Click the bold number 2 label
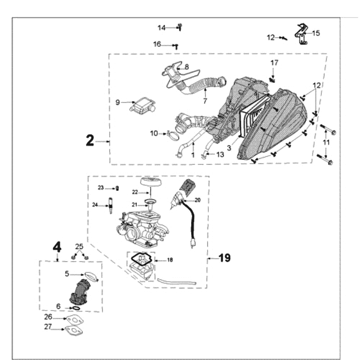pos(90,141)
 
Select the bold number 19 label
pos(225,258)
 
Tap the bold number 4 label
pos(57,247)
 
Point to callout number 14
pos(162,28)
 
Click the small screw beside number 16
pos(177,45)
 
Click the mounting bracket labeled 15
pos(301,35)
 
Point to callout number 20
pos(197,199)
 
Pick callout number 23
pos(101,188)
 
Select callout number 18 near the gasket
pos(170,260)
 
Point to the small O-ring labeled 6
pos(76,308)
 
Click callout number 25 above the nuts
pos(79,246)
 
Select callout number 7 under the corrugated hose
pos(205,101)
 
